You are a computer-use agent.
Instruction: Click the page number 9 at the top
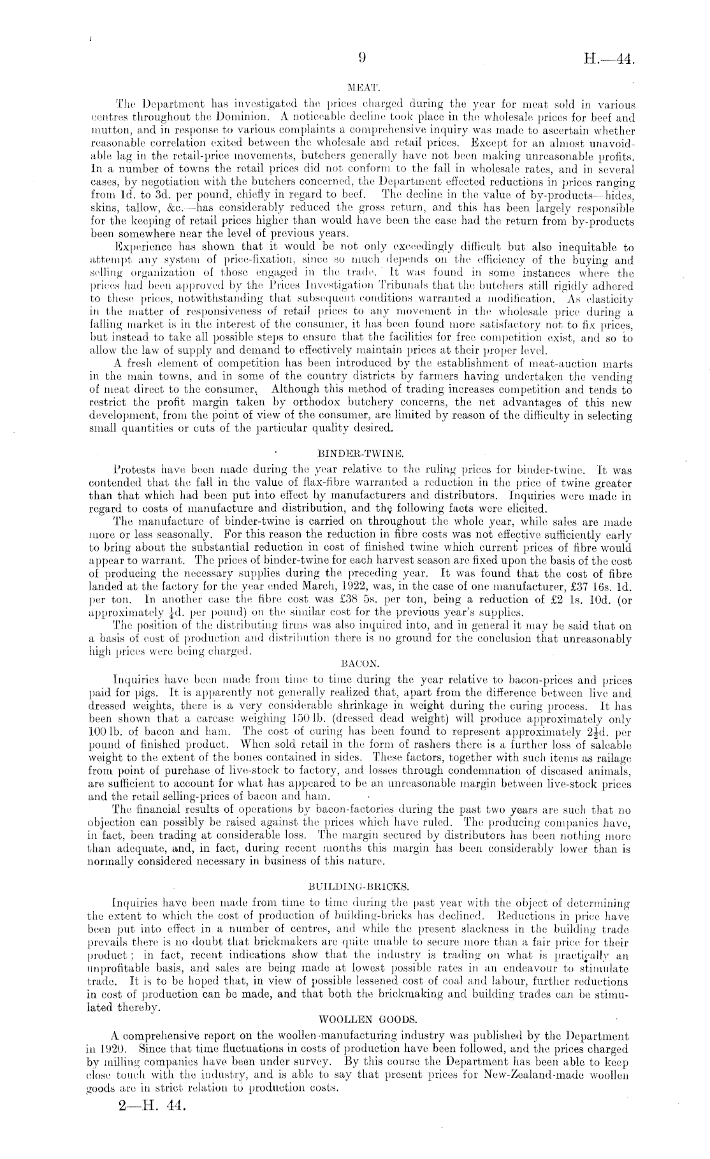361,59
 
